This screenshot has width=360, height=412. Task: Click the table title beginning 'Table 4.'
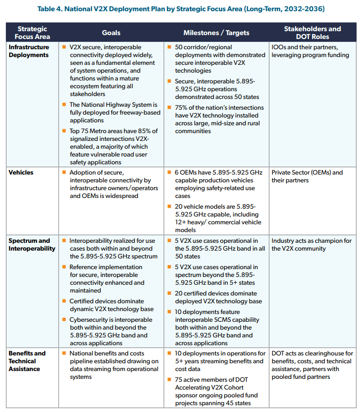[180, 8]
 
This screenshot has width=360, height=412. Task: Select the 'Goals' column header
[111, 33]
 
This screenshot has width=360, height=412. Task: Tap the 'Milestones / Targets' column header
[216, 33]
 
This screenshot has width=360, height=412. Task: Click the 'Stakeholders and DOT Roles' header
[312, 33]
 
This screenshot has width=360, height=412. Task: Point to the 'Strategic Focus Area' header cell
[32, 33]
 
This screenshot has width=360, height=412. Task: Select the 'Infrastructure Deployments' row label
[29, 51]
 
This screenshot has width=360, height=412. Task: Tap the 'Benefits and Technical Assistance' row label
[27, 361]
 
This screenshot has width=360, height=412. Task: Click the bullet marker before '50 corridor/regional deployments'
[170, 47]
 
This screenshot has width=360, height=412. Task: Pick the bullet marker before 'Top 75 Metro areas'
[64, 131]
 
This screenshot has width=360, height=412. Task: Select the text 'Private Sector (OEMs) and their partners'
[307, 176]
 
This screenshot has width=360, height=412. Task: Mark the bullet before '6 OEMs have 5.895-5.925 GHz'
[170, 173]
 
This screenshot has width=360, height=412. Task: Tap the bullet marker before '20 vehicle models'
[170, 207]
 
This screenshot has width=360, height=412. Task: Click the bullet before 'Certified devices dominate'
[64, 301]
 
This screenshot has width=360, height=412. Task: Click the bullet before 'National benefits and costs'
[64, 353]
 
